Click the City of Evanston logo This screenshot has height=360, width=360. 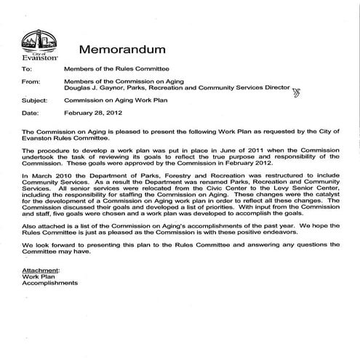[36, 45]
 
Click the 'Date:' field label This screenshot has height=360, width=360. [30, 113]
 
